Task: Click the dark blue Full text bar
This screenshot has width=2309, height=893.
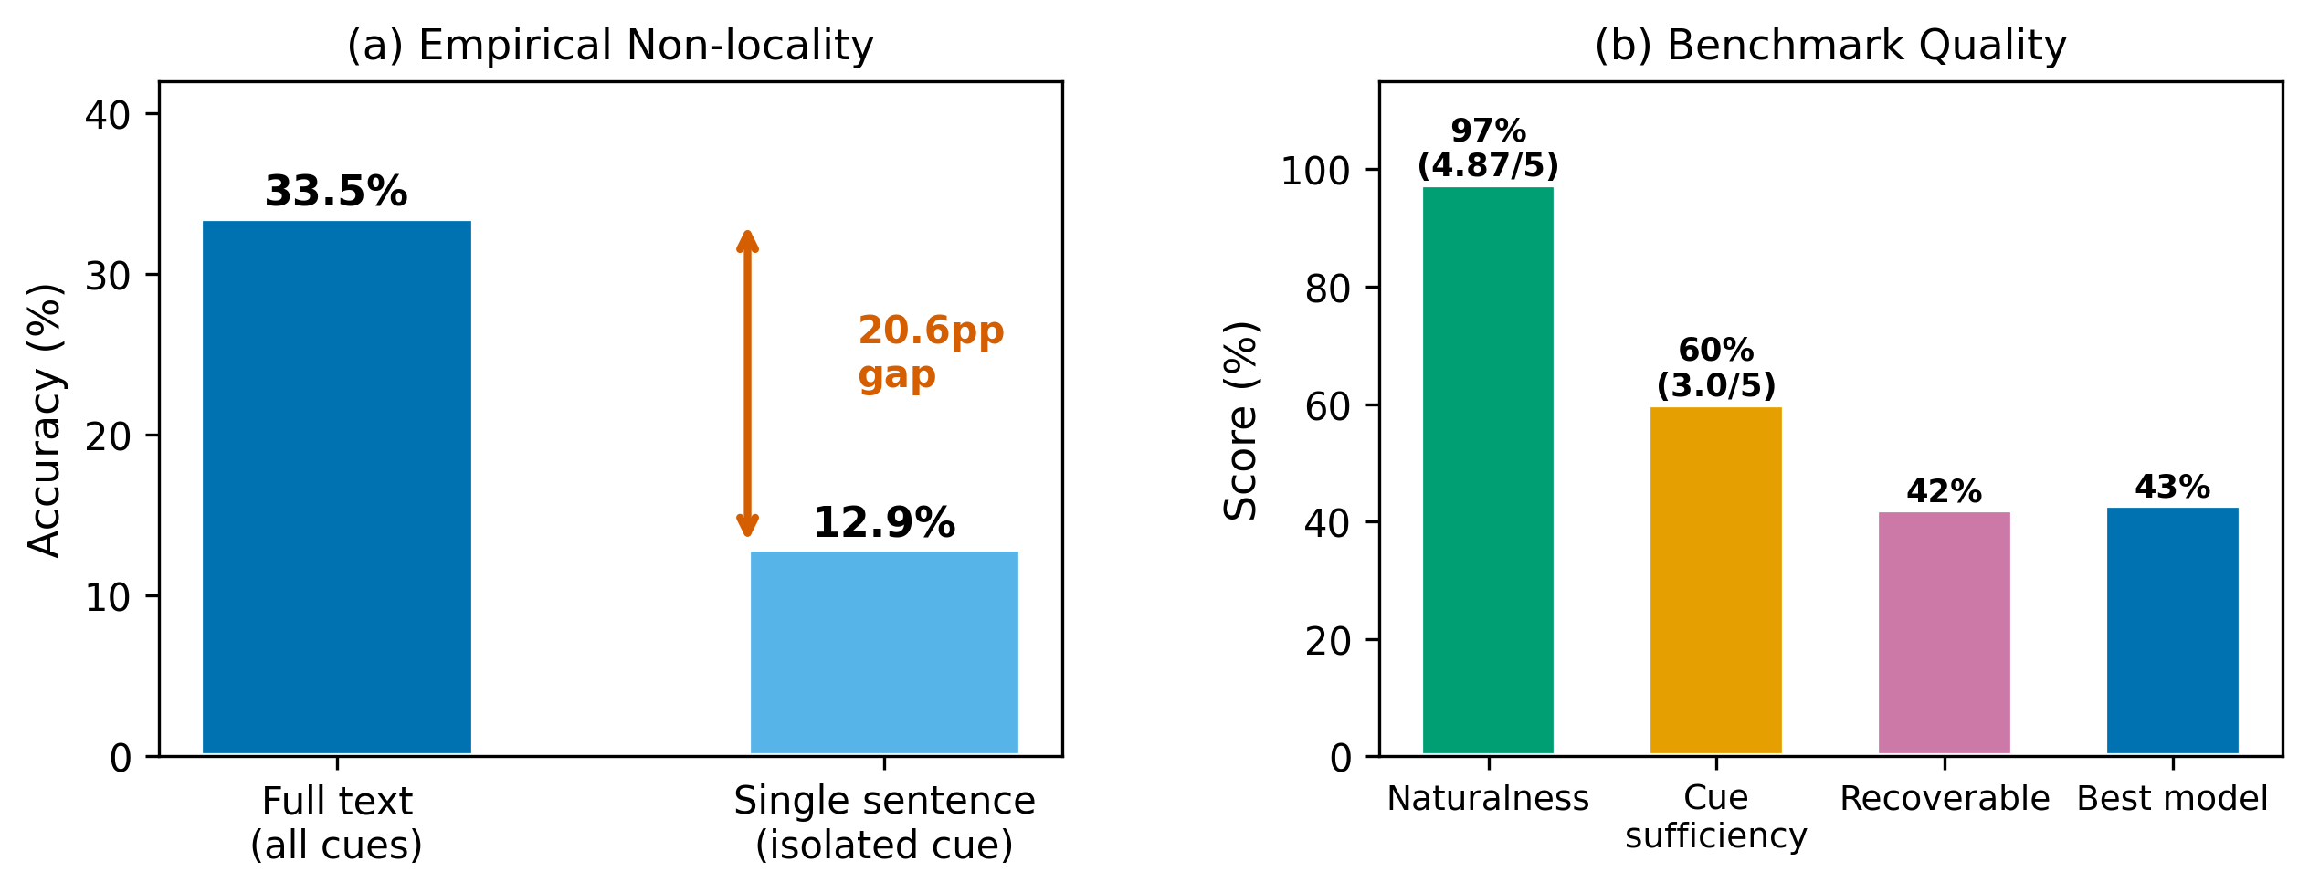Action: (x=336, y=488)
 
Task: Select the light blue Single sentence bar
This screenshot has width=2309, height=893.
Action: (x=883, y=652)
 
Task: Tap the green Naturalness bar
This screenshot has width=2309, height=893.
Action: (x=1488, y=470)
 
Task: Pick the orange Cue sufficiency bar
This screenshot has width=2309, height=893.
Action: (x=1715, y=580)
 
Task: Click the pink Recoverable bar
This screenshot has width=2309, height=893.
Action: (x=1944, y=633)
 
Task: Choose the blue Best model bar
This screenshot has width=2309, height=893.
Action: (x=2172, y=630)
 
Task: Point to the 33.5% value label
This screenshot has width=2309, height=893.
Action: (x=336, y=192)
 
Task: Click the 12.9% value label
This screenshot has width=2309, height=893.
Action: (x=883, y=523)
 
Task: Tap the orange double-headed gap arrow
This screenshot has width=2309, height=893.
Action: (x=747, y=383)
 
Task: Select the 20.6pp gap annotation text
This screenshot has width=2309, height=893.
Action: (x=930, y=352)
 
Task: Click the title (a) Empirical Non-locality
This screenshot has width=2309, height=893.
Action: (x=610, y=46)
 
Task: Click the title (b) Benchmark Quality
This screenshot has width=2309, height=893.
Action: (x=1830, y=46)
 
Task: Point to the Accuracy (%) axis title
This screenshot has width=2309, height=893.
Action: (x=46, y=420)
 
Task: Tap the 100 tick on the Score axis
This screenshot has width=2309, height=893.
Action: (x=1315, y=171)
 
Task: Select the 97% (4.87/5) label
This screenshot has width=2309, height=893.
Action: (x=1488, y=148)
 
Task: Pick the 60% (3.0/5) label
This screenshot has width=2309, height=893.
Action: (x=1715, y=367)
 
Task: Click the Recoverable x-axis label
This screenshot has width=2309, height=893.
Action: (x=1944, y=799)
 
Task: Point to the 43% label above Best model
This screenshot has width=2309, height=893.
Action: (x=2172, y=487)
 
